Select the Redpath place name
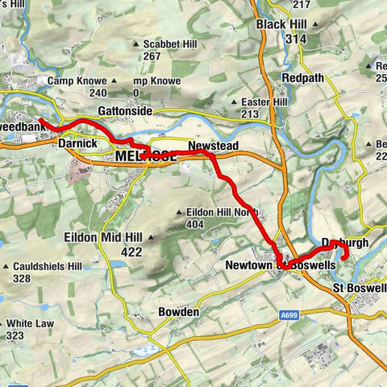(302, 77)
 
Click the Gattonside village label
(125, 110)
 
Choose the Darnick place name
(78, 143)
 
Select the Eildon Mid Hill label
(103, 238)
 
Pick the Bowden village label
(178, 312)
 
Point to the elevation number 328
(22, 278)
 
